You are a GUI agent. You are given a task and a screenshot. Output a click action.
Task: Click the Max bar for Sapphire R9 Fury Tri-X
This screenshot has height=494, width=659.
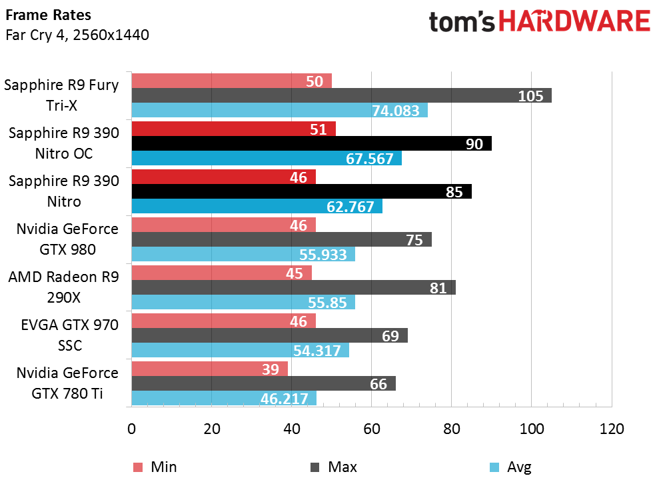pos(342,95)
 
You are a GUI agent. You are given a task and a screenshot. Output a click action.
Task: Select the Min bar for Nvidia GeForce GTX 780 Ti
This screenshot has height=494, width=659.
pos(210,369)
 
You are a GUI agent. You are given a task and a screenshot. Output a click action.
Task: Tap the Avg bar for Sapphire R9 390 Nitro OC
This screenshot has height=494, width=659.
pos(267,158)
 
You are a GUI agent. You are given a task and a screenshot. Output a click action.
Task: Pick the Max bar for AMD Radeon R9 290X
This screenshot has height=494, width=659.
pos(294,287)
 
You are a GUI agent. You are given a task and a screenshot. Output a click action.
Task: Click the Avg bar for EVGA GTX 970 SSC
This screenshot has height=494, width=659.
pos(241,350)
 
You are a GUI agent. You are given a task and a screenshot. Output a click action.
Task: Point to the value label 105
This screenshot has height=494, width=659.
pos(531,96)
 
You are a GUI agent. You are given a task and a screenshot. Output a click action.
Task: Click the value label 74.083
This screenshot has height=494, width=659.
pos(396,111)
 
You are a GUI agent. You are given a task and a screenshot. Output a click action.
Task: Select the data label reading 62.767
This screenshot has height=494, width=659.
pos(350,207)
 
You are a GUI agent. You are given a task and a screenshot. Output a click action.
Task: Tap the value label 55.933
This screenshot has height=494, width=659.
pos(323,255)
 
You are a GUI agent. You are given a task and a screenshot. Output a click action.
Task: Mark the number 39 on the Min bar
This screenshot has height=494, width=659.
pos(271,369)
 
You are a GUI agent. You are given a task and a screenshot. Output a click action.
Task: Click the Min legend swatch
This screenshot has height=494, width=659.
pos(138,467)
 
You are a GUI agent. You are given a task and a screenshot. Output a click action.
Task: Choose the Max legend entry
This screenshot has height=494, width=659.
pos(333,467)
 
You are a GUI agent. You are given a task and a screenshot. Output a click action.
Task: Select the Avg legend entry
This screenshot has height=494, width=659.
pos(510,467)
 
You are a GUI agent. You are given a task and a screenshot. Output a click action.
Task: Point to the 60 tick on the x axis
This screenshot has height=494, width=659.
pos(372,429)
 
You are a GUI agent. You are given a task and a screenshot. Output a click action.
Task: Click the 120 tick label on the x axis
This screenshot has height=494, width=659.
pos(612,429)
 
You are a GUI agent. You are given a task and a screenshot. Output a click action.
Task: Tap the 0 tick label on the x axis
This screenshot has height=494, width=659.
pos(131,429)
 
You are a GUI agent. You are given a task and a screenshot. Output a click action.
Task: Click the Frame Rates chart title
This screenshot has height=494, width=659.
pos(49,15)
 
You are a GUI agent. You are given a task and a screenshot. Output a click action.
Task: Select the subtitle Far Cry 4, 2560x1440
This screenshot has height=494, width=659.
pos(77,35)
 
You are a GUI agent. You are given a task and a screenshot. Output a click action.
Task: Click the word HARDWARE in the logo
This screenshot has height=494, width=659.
pos(574,21)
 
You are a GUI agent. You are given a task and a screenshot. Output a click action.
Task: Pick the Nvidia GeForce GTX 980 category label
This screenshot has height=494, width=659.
pos(67,239)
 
